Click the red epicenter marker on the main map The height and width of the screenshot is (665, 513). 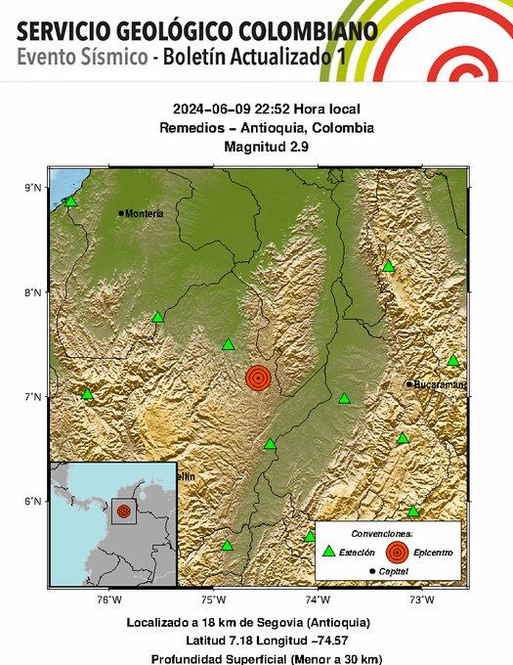pyautogui.click(x=258, y=377)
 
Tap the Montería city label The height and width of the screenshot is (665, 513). pyautogui.click(x=145, y=213)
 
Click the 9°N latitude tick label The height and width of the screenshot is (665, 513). pyautogui.click(x=33, y=187)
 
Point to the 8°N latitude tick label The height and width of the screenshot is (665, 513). pyautogui.click(x=33, y=292)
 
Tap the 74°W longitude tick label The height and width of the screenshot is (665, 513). pyautogui.click(x=317, y=598)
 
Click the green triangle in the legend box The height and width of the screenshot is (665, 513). pyautogui.click(x=328, y=552)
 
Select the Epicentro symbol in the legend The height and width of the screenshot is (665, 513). pyautogui.click(x=395, y=552)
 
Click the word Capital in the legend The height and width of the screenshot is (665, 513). pyautogui.click(x=395, y=570)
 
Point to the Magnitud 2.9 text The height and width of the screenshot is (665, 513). pyautogui.click(x=257, y=146)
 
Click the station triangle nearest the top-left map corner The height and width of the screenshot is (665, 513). pyautogui.click(x=70, y=201)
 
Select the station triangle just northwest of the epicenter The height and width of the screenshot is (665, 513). pyautogui.click(x=229, y=344)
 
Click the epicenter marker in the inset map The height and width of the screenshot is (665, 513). pyautogui.click(x=123, y=510)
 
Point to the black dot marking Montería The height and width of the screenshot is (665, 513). pyautogui.click(x=121, y=213)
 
